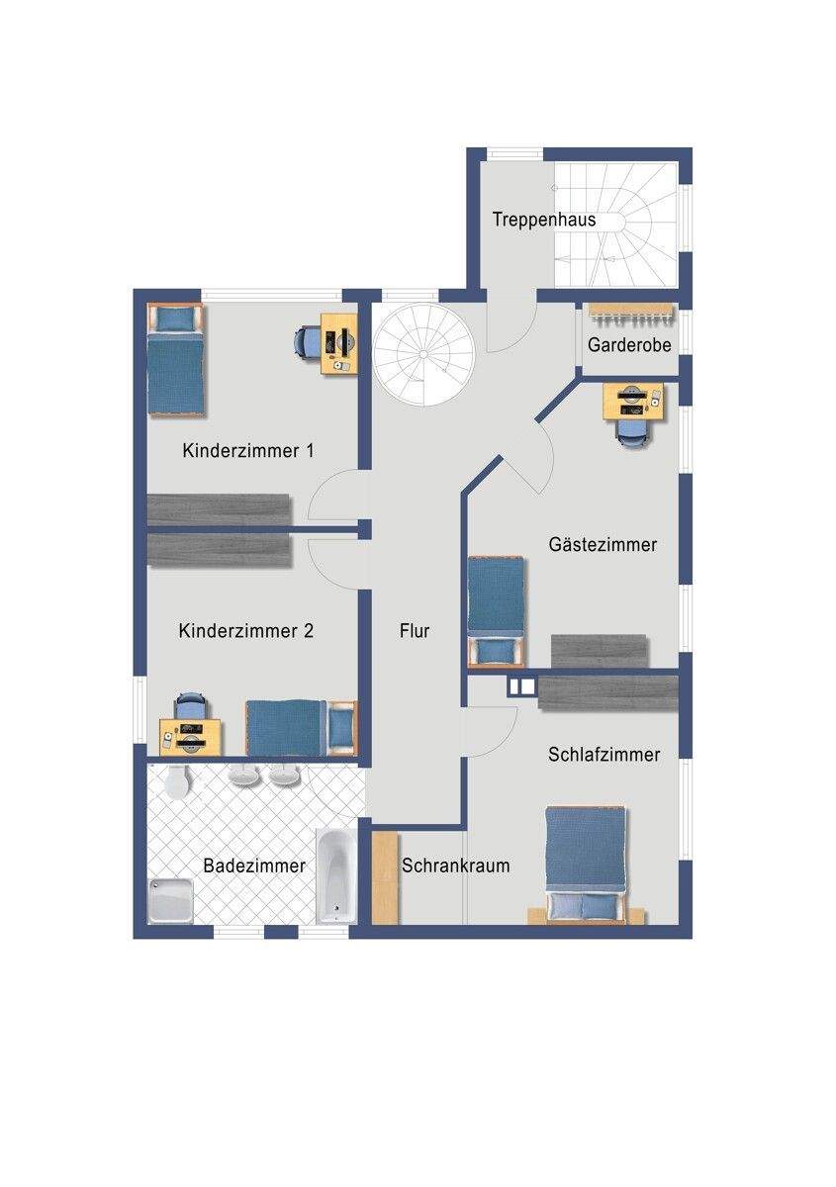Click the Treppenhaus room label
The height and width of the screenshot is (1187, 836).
coord(544,220)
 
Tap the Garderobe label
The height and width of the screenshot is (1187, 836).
coord(629,345)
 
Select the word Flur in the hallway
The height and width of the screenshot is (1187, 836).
coord(414,631)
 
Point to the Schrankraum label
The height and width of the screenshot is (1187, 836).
coord(455,866)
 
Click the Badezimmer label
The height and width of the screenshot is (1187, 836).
coord(254,866)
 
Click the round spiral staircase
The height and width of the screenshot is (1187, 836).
coord(423,354)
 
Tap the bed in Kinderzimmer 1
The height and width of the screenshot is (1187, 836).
coord(175,359)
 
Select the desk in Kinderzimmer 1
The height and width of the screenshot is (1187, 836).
coord(339,344)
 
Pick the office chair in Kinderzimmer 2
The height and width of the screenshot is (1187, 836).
coord(191,706)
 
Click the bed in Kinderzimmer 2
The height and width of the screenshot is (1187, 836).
coord(302,728)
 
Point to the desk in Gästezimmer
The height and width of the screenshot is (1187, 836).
coord(633,402)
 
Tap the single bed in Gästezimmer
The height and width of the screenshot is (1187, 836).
coord(497,611)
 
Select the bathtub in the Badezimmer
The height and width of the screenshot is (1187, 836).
coord(336,876)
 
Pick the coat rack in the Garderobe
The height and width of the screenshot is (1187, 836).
coord(632,314)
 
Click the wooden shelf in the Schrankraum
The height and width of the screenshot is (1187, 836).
coord(385,878)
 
